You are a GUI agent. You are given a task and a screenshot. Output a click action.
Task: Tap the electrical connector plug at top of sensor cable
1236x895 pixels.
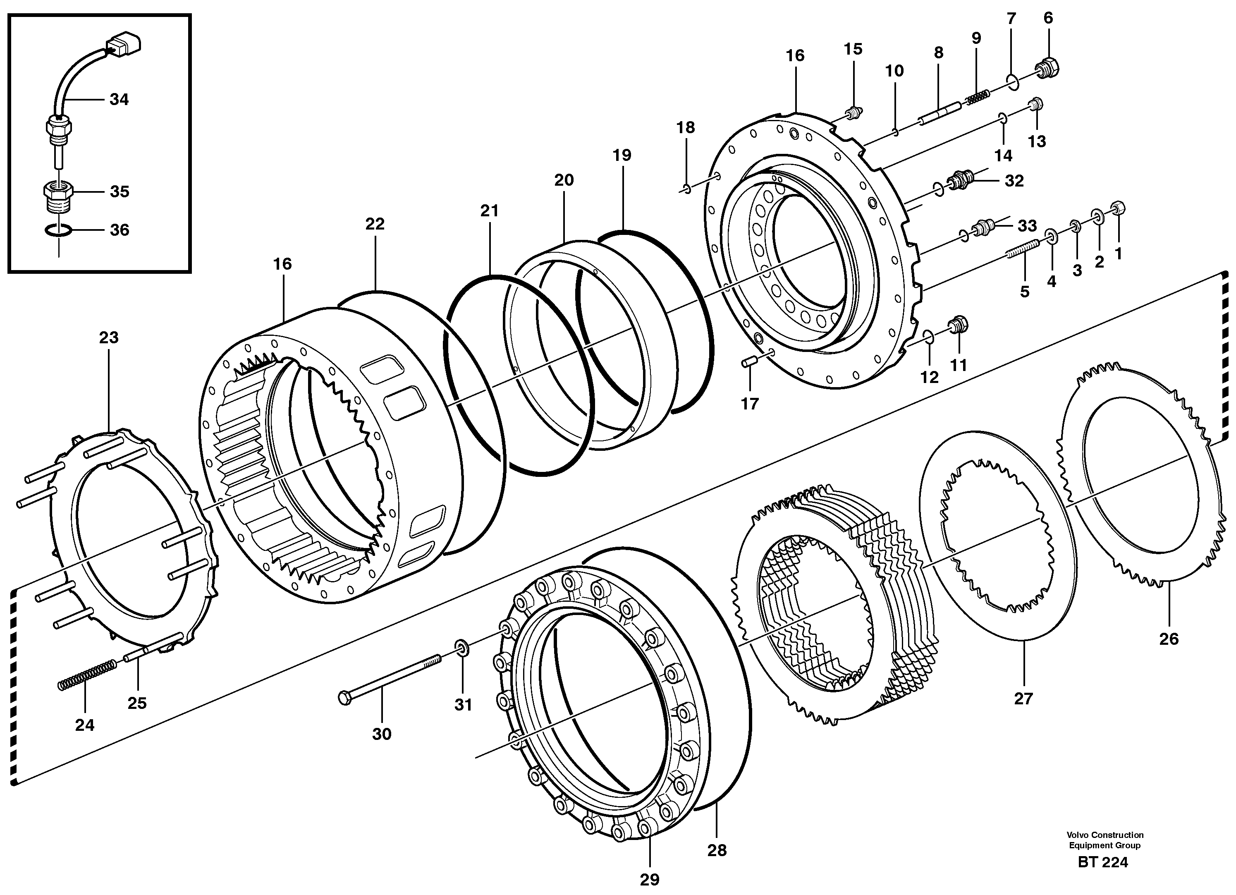click(x=124, y=43)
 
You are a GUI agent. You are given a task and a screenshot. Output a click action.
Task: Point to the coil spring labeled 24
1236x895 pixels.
click(x=87, y=675)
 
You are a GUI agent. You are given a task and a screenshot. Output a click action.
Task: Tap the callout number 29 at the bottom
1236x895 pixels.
click(x=650, y=879)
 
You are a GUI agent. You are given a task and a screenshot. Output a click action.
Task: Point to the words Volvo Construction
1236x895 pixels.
click(x=1105, y=835)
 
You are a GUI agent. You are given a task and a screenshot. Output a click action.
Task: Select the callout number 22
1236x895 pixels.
click(x=375, y=224)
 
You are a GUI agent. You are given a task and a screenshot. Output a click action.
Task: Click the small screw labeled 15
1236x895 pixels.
click(x=854, y=114)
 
